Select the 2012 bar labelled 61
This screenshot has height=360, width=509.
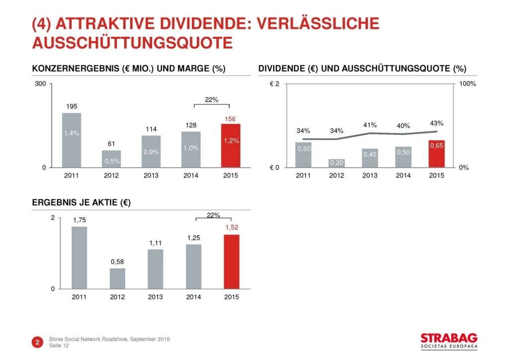pyautogui.click(x=111, y=159)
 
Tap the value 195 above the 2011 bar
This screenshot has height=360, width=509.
pyautogui.click(x=72, y=106)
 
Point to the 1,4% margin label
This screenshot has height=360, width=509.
pyautogui.click(x=72, y=133)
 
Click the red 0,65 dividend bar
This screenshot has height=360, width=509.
pyautogui.click(x=436, y=154)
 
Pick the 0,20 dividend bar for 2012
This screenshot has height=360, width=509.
pyautogui.click(x=337, y=163)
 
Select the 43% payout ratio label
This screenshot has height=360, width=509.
pyautogui.click(x=436, y=123)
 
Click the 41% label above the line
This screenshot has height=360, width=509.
pyautogui.click(x=370, y=125)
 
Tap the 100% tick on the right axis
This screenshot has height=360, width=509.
pyautogui.click(x=468, y=84)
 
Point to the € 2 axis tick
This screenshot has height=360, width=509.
pyautogui.click(x=274, y=84)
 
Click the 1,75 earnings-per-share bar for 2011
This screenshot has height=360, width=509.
pyautogui.click(x=79, y=257)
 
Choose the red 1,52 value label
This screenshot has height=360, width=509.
pyautogui.click(x=232, y=228)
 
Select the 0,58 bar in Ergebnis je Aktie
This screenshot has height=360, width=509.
pyautogui.click(x=117, y=278)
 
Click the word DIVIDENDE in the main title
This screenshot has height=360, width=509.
pyautogui.click(x=192, y=23)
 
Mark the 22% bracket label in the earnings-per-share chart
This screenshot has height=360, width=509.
pyautogui.click(x=213, y=215)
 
